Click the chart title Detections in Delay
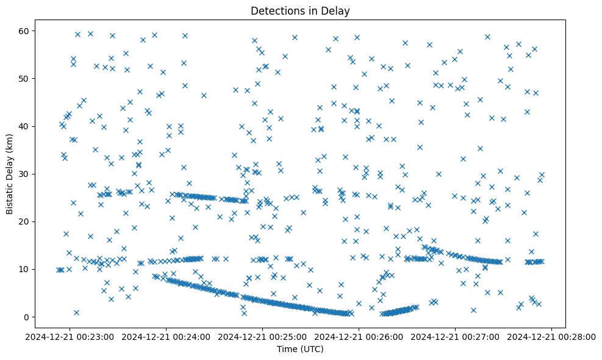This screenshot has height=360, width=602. coord(300,11)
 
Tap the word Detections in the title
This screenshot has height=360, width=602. coord(274,11)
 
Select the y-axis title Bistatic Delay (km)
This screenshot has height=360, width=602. coord(9,174)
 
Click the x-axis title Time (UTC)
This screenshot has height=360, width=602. coord(300,350)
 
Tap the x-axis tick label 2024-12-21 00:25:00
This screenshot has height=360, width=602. coord(262,336)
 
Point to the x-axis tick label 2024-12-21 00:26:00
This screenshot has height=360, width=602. coord(359,336)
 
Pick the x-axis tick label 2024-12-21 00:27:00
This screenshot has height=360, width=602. coord(456,336)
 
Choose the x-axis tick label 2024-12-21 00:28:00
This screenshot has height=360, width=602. coord(552,336)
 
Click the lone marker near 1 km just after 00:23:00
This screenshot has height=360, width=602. coord(76,312)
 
